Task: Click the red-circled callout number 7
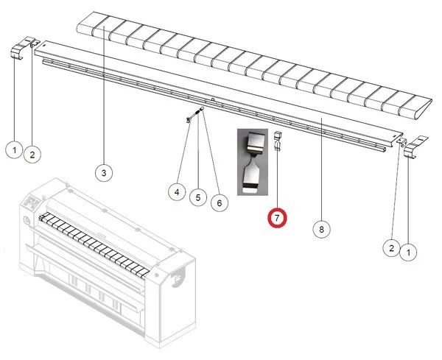click(277, 219)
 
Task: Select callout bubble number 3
click(104, 173)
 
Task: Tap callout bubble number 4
click(177, 192)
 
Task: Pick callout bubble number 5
click(198, 197)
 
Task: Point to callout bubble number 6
click(220, 202)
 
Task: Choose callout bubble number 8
click(322, 229)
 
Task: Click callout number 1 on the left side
click(15, 150)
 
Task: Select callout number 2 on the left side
click(32, 155)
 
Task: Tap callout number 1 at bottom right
click(408, 253)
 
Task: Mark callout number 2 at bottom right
click(391, 248)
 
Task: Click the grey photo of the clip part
click(253, 162)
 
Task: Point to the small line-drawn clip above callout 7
click(277, 141)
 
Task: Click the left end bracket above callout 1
click(18, 51)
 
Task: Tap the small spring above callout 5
click(197, 112)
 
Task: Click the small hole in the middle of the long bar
click(213, 99)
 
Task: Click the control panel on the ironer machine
click(32, 202)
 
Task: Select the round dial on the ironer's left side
click(27, 220)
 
